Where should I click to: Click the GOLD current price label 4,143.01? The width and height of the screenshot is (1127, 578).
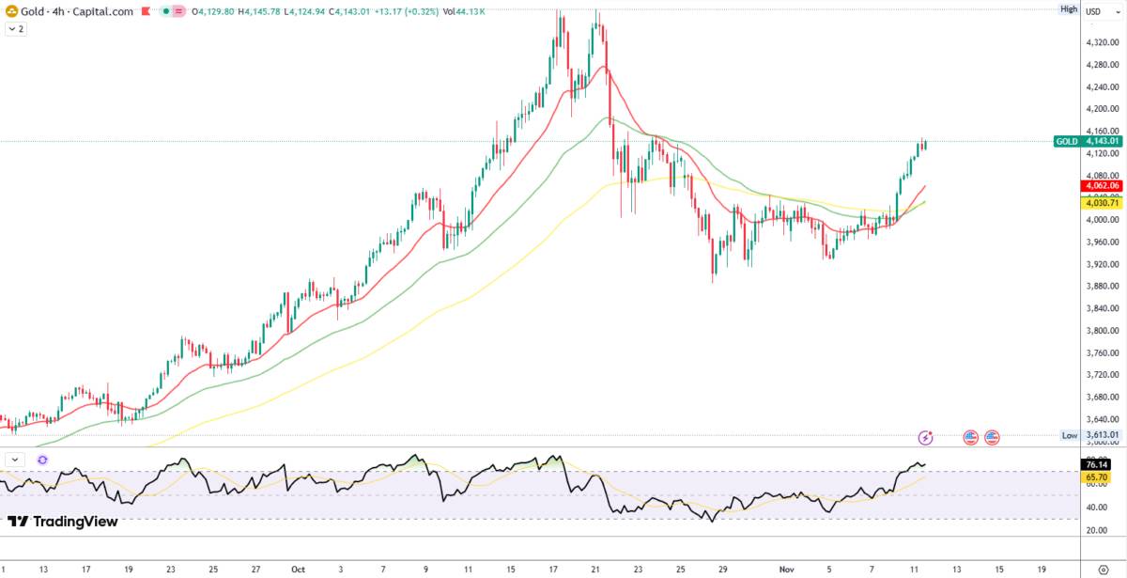point(1101,141)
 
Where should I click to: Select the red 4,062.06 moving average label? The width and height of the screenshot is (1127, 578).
point(1101,186)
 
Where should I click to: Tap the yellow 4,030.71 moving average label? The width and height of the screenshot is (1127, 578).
point(1101,203)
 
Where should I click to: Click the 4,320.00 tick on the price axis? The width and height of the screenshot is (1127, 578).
point(1101,43)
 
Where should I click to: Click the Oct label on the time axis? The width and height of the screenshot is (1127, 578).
point(298,570)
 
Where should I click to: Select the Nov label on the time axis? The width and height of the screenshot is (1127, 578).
point(786,570)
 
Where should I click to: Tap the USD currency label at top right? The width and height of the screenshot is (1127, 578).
point(1094,11)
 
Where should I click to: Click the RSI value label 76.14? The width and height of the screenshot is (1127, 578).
point(1096,464)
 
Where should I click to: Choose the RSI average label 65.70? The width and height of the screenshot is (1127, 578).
point(1096,477)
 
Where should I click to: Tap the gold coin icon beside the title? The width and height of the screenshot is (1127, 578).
point(10,11)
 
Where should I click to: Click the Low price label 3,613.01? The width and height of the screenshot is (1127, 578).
point(1101,435)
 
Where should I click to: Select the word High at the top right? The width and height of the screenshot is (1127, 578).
point(1069,8)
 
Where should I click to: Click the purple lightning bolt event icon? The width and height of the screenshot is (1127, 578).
point(927,437)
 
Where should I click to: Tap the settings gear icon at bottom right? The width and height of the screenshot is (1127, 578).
point(1103,570)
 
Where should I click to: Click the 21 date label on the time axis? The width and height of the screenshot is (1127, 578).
point(595,570)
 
